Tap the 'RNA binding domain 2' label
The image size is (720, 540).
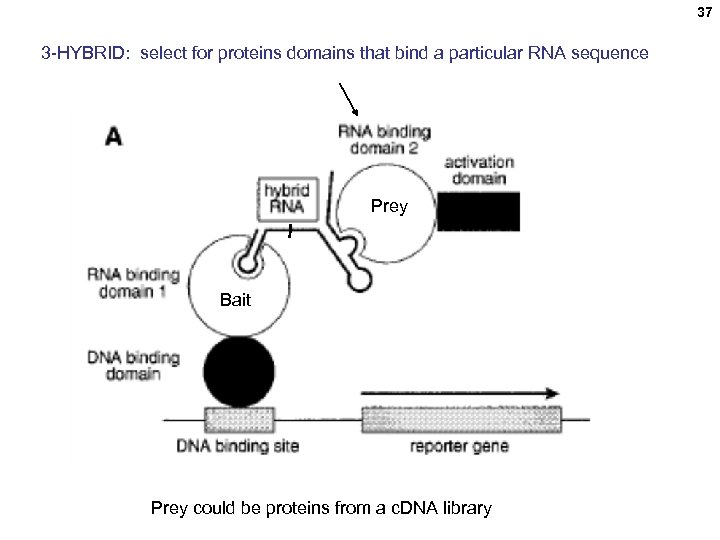pyautogui.click(x=385, y=140)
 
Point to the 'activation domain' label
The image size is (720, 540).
pyautogui.click(x=478, y=170)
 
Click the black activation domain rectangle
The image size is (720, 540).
pyautogui.click(x=478, y=212)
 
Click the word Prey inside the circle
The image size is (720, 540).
pyautogui.click(x=389, y=207)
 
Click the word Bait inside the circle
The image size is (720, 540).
pyautogui.click(x=235, y=300)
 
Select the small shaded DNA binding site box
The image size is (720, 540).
pyautogui.click(x=237, y=418)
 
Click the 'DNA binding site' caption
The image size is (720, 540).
pyautogui.click(x=237, y=446)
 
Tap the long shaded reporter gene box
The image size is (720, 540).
pyautogui.click(x=461, y=418)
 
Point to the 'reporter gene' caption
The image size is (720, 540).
pyautogui.click(x=459, y=446)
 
